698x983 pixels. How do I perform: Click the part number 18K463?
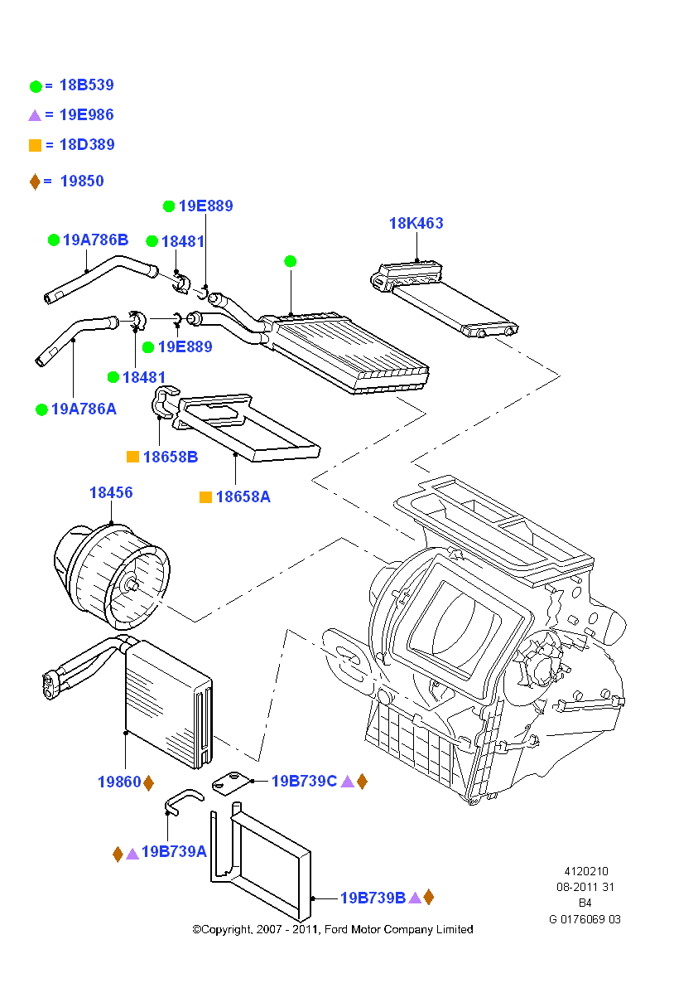click(x=416, y=224)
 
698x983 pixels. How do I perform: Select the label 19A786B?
click(x=96, y=240)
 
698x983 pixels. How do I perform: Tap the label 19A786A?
click(x=84, y=409)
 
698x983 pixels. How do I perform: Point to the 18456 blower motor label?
click(x=111, y=493)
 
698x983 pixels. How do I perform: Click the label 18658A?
click(x=243, y=497)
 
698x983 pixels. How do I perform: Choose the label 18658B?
click(x=170, y=457)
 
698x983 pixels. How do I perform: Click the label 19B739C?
click(x=304, y=781)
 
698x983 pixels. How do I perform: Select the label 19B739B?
click(x=373, y=898)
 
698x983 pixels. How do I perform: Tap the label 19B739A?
click(x=174, y=852)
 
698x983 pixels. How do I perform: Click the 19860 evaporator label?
click(x=119, y=782)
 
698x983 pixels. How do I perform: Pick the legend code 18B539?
click(x=86, y=85)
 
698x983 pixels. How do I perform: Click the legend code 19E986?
click(x=86, y=115)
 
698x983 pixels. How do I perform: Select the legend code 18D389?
click(x=86, y=145)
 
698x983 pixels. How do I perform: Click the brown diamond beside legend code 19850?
click(x=35, y=182)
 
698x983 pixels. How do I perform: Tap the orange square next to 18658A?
click(x=205, y=497)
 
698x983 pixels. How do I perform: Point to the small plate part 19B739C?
click(x=230, y=781)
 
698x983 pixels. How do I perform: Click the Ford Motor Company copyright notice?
click(x=333, y=930)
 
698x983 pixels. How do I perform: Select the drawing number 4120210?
click(x=586, y=872)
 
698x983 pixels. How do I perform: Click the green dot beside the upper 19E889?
click(x=169, y=206)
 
